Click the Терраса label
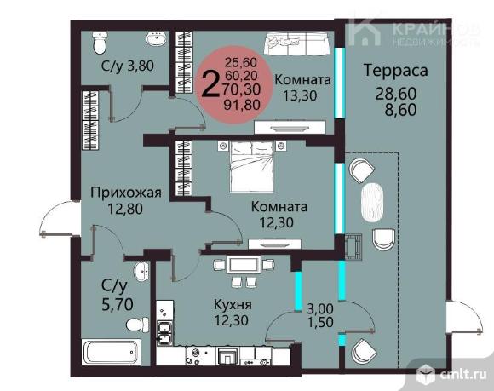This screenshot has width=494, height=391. point(396,70)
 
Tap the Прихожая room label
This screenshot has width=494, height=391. point(126,193)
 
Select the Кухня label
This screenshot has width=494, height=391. point(233,305)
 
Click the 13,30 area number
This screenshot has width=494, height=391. point(300,95)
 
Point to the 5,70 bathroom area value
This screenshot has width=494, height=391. point(118,304)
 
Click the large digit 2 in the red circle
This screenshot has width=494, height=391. point(210,83)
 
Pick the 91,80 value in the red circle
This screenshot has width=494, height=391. point(242,104)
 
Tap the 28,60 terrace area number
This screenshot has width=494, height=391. point(396,94)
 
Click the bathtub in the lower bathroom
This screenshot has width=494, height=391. point(112,352)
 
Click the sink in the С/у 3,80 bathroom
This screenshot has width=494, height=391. point(156,39)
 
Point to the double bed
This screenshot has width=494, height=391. point(252,166)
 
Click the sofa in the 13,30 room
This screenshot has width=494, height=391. point(296,43)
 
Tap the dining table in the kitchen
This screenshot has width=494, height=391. point(244,265)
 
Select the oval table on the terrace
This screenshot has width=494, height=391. point(372,202)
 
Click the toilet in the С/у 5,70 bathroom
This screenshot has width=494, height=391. point(137,325)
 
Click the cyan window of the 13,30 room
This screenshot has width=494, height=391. point(339,83)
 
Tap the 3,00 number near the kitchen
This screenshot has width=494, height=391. point(320,308)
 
